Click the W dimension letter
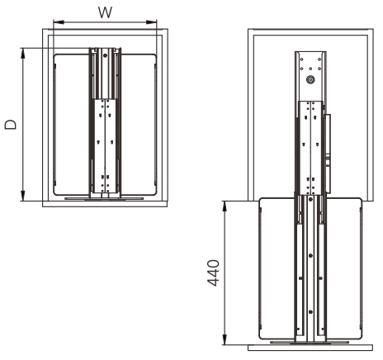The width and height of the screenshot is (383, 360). [105, 12]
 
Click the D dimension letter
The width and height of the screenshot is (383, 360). [11, 125]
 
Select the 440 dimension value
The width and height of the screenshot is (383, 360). [213, 272]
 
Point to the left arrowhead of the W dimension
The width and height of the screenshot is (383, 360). [59, 22]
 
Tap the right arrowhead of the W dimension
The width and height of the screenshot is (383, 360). [151, 22]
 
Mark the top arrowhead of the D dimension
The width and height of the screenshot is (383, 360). [23, 54]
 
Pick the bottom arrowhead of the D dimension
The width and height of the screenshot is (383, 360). [23, 196]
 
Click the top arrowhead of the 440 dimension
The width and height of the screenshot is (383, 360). [225, 206]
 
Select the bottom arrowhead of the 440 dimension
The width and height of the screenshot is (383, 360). [225, 339]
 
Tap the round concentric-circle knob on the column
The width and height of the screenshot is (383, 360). [310, 80]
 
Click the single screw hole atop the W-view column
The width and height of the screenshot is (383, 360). [105, 55]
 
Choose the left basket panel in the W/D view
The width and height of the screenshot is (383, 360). [72, 125]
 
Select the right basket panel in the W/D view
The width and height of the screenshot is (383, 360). [139, 125]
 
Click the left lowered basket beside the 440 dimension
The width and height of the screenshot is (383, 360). [277, 268]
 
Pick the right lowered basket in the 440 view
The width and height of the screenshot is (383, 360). [344, 268]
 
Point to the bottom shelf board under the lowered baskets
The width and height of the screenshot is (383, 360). [310, 348]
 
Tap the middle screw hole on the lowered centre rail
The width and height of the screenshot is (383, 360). [310, 256]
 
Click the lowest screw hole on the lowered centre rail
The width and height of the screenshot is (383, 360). [310, 312]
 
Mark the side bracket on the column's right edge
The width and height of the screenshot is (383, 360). [328, 154]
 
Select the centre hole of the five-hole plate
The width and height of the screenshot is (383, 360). [310, 69]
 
